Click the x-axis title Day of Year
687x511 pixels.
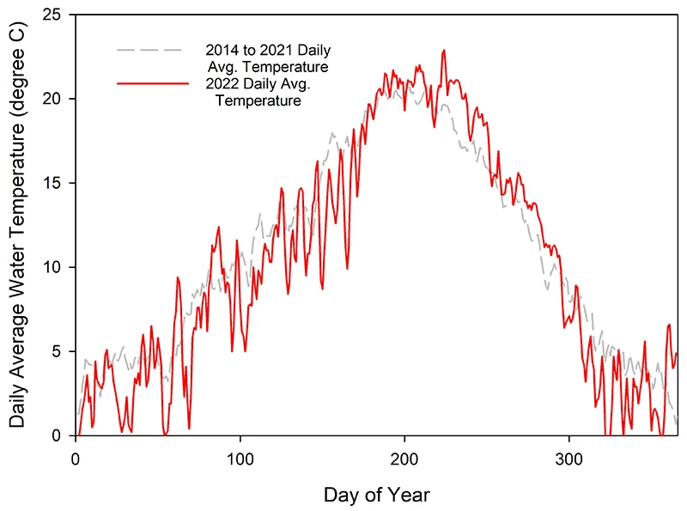pyautogui.click(x=376, y=495)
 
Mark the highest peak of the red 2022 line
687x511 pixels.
pyautogui.click(x=444, y=51)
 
